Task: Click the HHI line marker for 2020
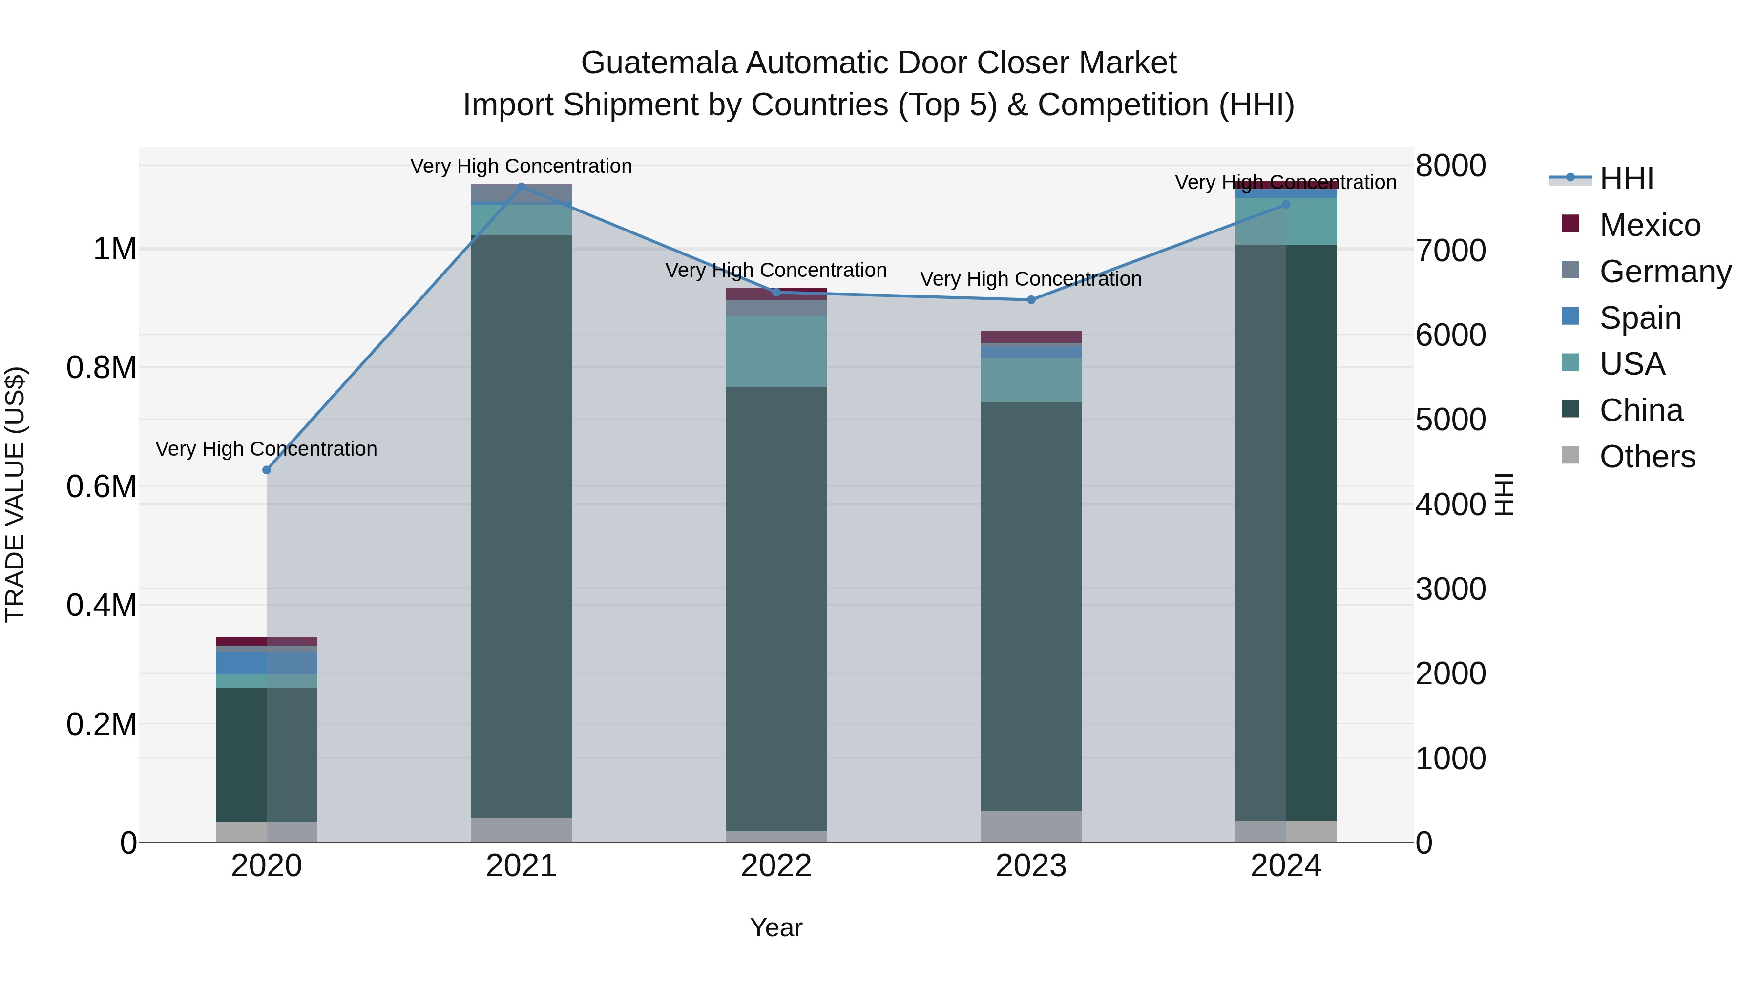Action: [x=267, y=470]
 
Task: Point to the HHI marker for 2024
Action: [x=1286, y=204]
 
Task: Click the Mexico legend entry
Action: [x=1650, y=225]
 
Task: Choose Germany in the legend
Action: [x=1665, y=272]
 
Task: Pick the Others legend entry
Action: [x=1647, y=457]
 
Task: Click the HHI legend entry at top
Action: [x=1626, y=179]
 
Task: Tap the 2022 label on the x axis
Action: [x=776, y=866]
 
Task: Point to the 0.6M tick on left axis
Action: [x=102, y=486]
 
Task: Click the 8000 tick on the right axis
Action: [x=1450, y=166]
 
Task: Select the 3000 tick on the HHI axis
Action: [x=1450, y=589]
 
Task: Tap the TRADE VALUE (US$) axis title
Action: [x=16, y=494]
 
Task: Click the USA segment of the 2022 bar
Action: [x=776, y=352]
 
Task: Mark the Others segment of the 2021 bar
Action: [x=522, y=830]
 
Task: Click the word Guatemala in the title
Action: [x=659, y=63]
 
